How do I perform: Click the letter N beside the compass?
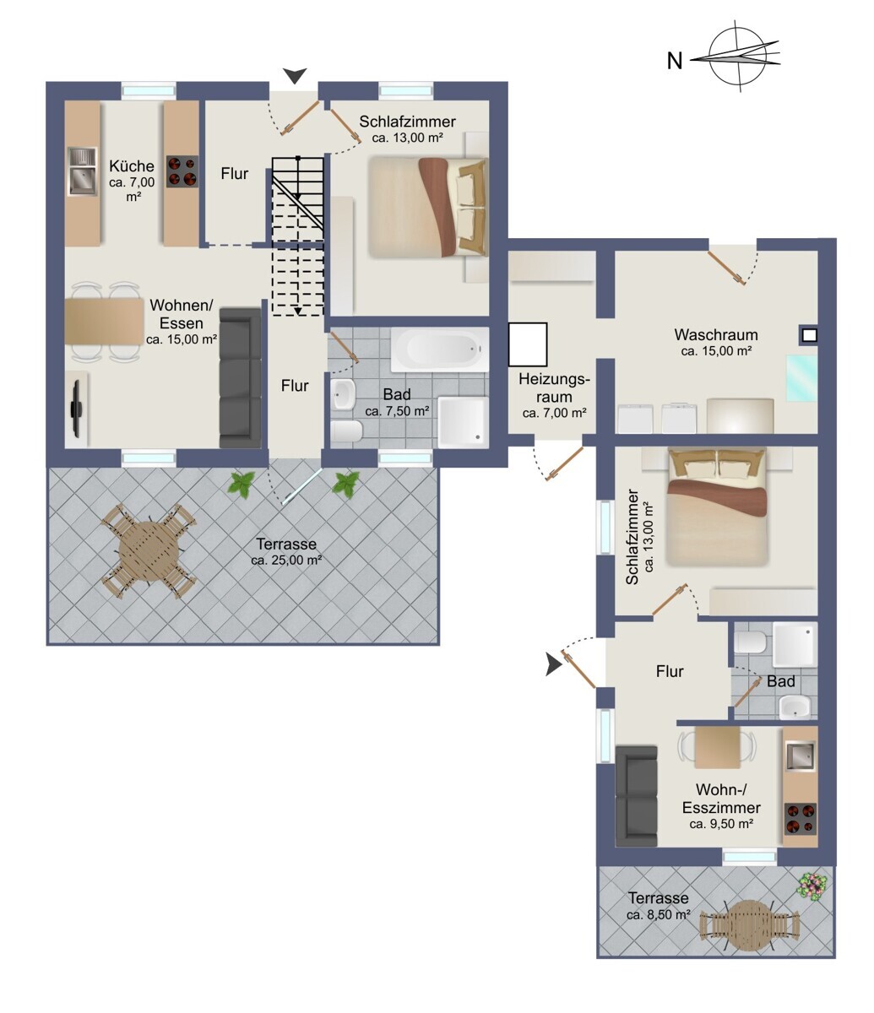(675, 61)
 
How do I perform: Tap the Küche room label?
(132, 166)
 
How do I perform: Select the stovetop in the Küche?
(182, 171)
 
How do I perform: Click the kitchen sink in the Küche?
(83, 171)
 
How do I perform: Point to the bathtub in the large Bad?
(440, 349)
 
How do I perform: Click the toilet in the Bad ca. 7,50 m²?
(346, 431)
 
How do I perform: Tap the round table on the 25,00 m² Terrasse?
(149, 551)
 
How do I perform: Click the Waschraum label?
(716, 335)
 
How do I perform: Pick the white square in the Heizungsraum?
(528, 344)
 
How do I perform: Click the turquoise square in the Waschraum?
(802, 378)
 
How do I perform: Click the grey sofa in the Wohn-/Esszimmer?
(636, 796)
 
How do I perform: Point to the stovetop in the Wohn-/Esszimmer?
(801, 819)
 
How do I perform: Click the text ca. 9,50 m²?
(721, 824)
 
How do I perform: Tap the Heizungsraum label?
(555, 387)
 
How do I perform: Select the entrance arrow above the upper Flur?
(295, 76)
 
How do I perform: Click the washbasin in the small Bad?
(795, 708)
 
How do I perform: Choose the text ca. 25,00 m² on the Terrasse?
(286, 561)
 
